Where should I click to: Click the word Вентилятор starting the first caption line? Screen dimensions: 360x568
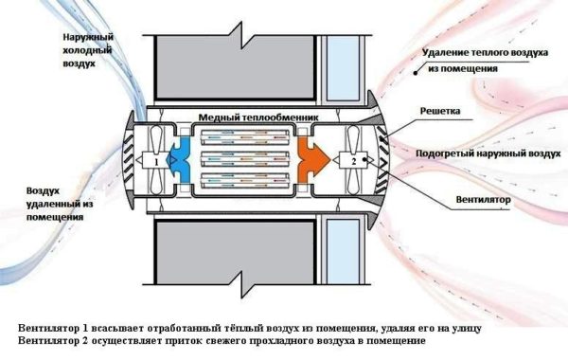tap(49, 327)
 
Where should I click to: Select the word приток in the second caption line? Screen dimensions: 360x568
tap(197, 340)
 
